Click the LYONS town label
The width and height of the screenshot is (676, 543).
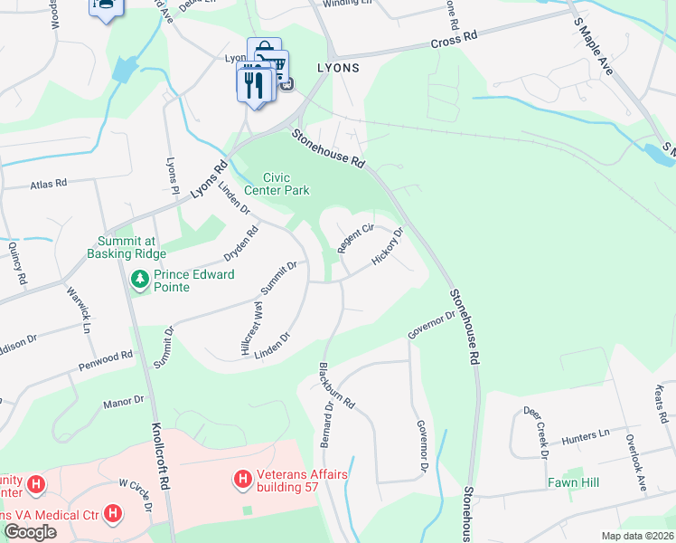point(337,68)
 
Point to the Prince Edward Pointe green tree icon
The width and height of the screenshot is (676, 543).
point(140,281)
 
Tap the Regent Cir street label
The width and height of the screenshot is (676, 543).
point(355,238)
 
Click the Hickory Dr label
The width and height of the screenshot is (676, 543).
point(386,247)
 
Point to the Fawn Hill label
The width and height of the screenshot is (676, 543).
point(573,482)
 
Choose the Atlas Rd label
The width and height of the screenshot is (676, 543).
point(49,183)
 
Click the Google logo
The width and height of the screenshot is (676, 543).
point(30,531)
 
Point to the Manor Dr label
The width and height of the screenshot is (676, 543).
point(124,400)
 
